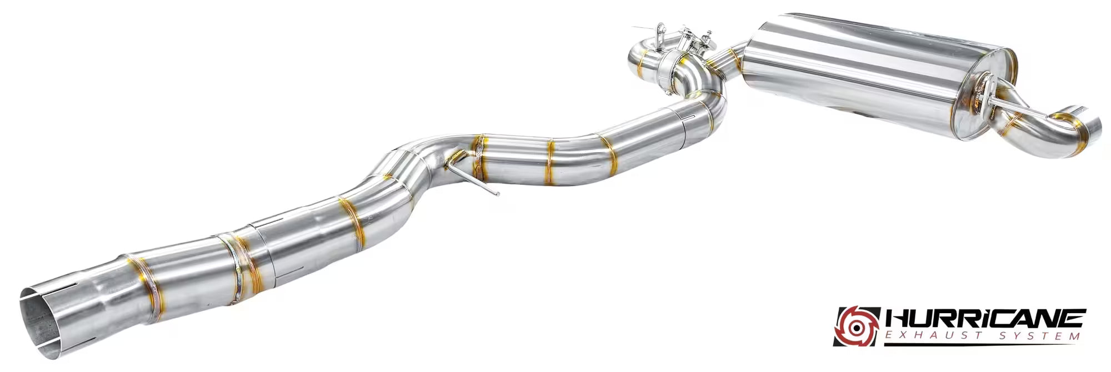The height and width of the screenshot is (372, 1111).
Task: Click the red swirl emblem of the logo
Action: point(858,326)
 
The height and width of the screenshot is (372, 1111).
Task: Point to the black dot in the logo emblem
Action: point(859,327)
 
